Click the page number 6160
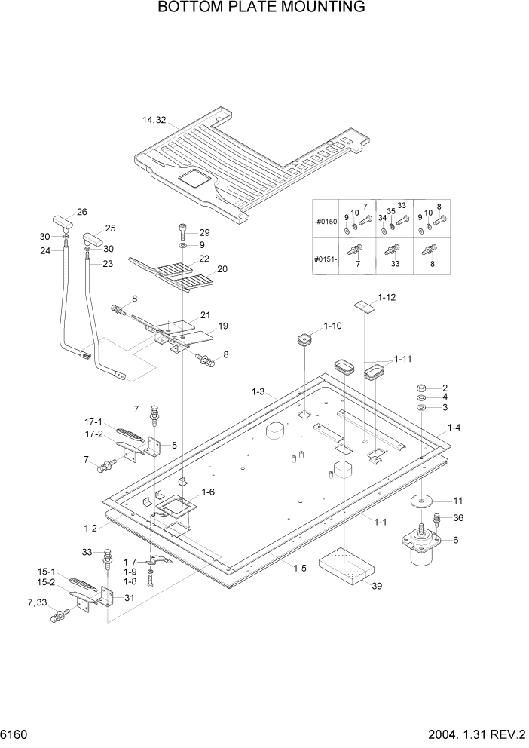(x=17, y=734)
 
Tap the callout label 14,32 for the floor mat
(x=154, y=120)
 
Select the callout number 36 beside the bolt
(x=460, y=517)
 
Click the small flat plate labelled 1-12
(x=365, y=305)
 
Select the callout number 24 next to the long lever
(x=46, y=251)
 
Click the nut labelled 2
(x=421, y=388)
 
